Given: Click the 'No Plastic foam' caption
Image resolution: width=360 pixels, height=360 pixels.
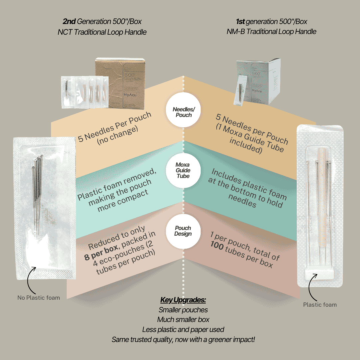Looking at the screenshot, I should coord(39,298).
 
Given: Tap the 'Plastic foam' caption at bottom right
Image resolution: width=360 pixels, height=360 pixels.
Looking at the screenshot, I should coord(320,304).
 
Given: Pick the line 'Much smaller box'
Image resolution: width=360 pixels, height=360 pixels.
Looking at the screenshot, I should coord(183,320).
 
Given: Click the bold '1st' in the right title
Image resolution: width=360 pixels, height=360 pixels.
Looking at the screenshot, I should coord(240,22).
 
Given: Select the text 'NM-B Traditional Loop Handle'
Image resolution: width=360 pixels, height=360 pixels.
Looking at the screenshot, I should coord(271,32).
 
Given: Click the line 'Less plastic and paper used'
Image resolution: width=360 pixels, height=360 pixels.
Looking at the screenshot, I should coord(183,330).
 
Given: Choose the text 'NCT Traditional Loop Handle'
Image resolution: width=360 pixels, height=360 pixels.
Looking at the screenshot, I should coord(102,32).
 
